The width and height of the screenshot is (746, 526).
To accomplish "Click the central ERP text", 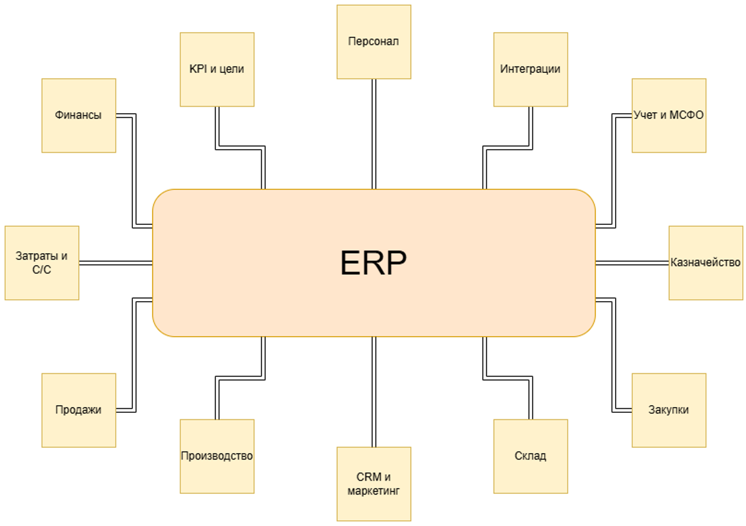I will [373, 263].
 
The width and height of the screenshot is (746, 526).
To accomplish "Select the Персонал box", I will [374, 42].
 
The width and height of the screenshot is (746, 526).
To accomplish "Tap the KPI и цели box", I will [217, 69].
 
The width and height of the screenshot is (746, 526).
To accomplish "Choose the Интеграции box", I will [530, 69].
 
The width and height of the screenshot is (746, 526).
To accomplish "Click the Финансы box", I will [79, 116].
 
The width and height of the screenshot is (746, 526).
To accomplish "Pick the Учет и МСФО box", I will [668, 116].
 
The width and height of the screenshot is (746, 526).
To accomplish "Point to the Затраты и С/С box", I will [41, 263].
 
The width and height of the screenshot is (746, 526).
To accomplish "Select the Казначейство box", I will [705, 263].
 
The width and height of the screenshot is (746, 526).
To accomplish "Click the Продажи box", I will [79, 410].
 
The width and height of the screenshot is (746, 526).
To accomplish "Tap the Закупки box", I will [668, 410].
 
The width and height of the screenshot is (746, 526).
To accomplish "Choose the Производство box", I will [217, 456].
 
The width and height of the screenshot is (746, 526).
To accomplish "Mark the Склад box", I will [530, 456].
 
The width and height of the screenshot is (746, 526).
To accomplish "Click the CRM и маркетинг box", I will [374, 484].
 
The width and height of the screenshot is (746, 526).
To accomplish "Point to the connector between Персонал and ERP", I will [374, 134].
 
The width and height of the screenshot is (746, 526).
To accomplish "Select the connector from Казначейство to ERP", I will [632, 263].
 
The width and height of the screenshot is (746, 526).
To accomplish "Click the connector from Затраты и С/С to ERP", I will [116, 263].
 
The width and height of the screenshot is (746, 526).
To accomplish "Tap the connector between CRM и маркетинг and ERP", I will [374, 392].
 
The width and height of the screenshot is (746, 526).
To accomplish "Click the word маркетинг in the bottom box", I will [374, 491].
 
